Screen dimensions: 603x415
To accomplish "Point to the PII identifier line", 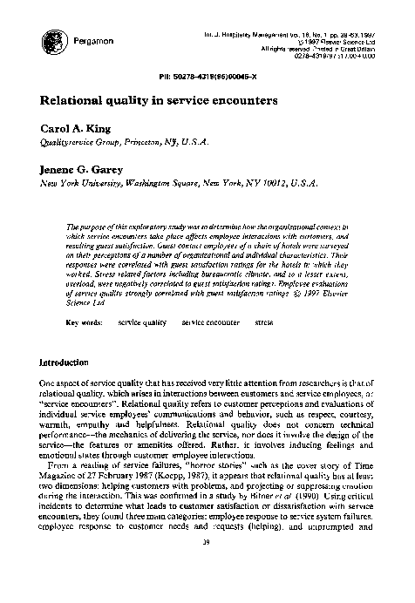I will coord(207,72).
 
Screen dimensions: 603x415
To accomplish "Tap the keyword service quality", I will coord(142,322).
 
